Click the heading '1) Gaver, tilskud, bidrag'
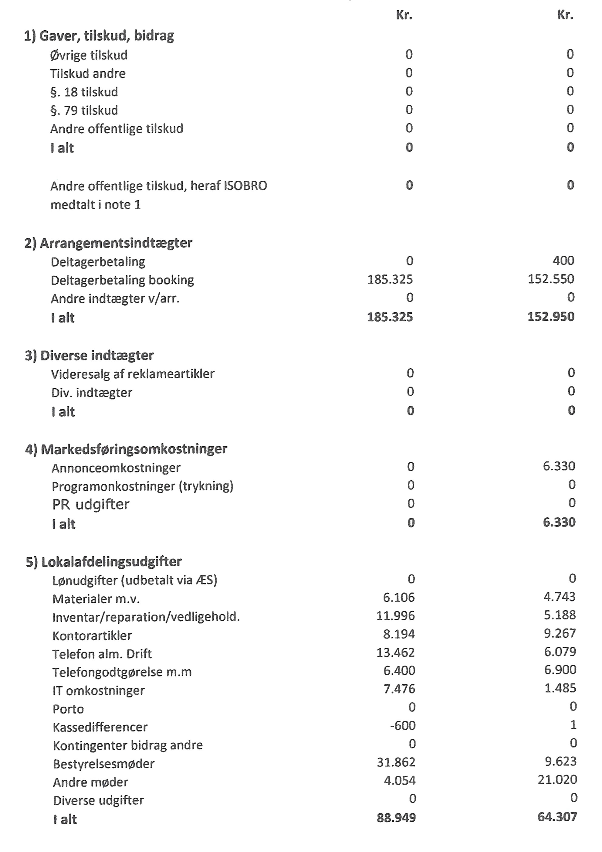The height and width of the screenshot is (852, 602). coord(99,36)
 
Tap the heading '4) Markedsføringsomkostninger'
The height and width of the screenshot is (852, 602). coord(126,449)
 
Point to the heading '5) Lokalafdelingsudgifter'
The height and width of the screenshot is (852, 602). coord(104,561)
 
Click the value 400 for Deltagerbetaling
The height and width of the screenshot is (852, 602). coord(563,261)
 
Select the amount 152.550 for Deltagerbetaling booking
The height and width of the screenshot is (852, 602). coord(551,279)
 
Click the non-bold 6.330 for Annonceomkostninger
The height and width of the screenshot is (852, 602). coord(559,466)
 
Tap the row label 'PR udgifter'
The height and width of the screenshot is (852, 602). coord(91,504)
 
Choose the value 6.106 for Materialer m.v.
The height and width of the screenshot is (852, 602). coord(399,597)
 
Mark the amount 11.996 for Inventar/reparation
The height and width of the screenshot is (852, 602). coord(395,616)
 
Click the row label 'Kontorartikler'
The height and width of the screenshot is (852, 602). coord(92,636)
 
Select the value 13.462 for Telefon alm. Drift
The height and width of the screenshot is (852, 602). coord(395,652)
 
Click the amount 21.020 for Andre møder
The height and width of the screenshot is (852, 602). coord(557,780)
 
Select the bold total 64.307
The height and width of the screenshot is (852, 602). coord(557,817)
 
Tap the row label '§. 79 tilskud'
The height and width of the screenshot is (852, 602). coord(84,111)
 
